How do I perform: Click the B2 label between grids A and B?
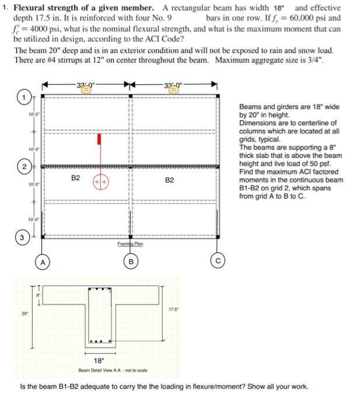tap(76, 178)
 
